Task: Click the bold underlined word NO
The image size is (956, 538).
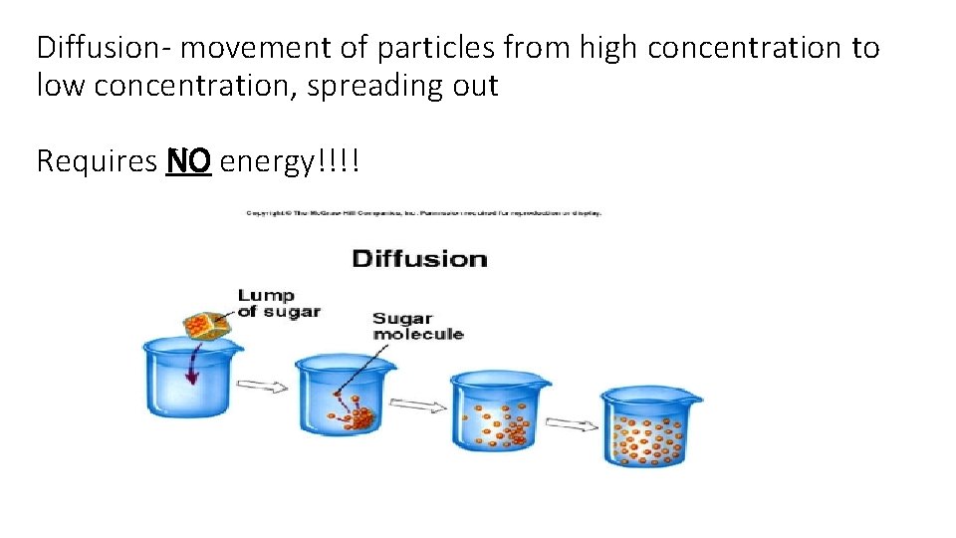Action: click(x=188, y=160)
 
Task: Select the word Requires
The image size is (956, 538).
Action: click(x=97, y=161)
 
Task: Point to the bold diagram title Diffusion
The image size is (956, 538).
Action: click(x=419, y=259)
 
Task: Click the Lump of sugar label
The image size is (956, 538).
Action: click(x=279, y=303)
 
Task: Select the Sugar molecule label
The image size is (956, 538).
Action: click(x=418, y=326)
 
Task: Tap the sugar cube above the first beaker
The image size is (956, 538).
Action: click(x=205, y=325)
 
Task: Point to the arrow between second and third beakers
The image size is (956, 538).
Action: click(x=417, y=403)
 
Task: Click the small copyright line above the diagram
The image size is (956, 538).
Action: click(x=424, y=212)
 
